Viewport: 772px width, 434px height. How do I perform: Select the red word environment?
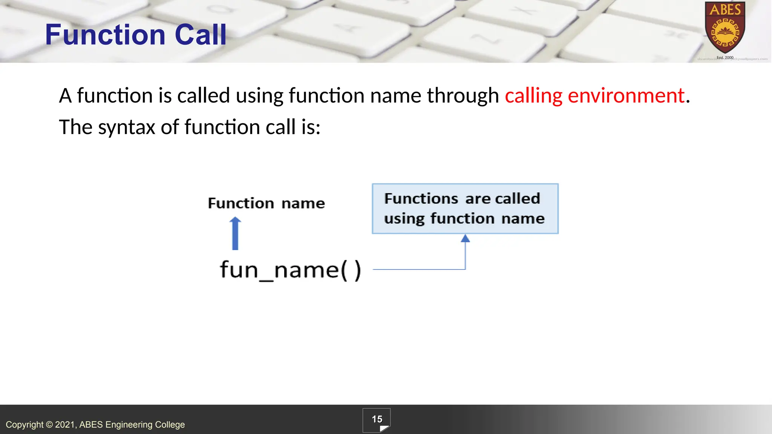(626, 95)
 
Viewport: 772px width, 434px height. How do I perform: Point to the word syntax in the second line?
(127, 127)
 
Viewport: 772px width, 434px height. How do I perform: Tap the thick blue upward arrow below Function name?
(235, 234)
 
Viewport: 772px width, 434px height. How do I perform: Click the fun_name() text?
(290, 270)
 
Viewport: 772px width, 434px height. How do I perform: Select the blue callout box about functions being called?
(465, 209)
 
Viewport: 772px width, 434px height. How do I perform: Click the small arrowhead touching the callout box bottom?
(465, 238)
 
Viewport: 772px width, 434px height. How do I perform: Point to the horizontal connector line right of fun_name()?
(418, 269)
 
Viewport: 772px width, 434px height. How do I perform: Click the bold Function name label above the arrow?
(266, 203)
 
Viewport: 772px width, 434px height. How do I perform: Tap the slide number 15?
(377, 419)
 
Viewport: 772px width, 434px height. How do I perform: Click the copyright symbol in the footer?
(49, 425)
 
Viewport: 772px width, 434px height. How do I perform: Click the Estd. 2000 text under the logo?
(725, 58)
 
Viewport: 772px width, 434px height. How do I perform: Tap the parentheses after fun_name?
(351, 270)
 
